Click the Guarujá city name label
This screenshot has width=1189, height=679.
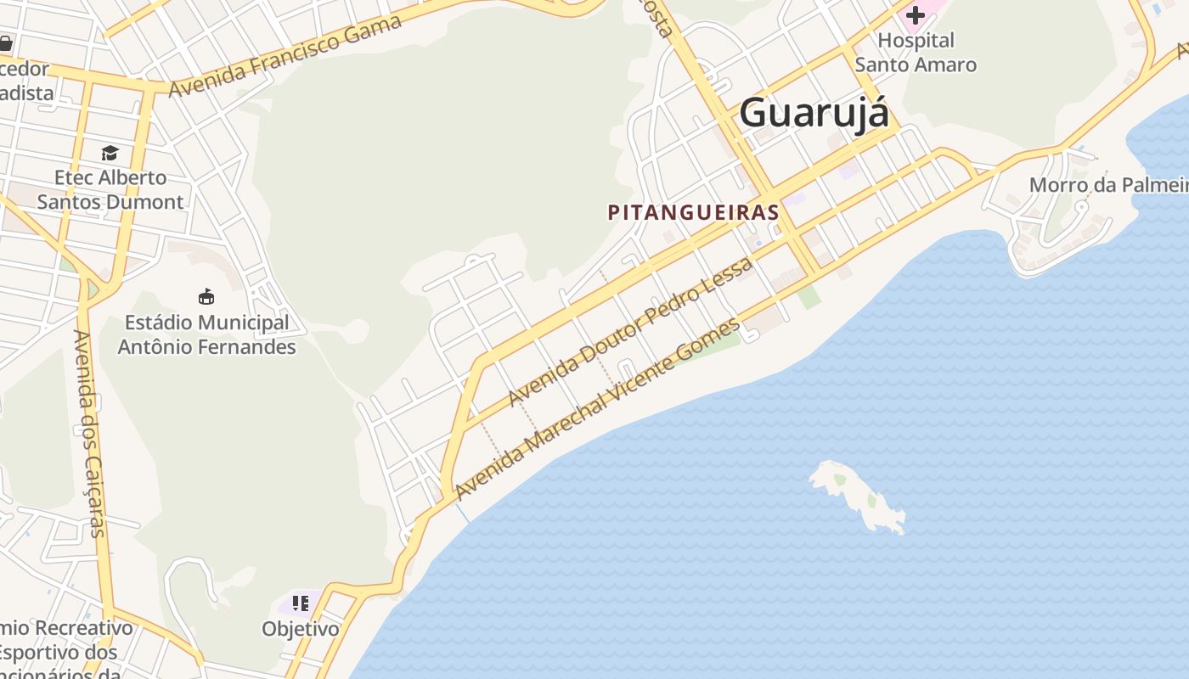click(814, 114)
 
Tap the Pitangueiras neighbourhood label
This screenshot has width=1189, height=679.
click(693, 212)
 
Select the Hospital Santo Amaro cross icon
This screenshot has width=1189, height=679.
click(915, 15)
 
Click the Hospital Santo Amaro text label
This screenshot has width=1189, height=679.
click(916, 53)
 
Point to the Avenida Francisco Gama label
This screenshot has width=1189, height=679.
click(285, 56)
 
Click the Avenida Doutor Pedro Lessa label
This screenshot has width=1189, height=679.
click(630, 332)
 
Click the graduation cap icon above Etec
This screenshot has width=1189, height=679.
click(110, 153)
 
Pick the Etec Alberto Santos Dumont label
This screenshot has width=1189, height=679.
click(110, 190)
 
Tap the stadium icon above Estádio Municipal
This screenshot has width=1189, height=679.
click(206, 296)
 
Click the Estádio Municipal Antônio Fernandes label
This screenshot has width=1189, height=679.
click(206, 335)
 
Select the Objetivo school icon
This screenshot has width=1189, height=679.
click(300, 603)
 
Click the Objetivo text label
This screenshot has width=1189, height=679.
click(300, 629)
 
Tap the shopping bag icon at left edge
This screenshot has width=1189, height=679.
click(5, 42)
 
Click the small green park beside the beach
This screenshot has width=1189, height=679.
click(809, 296)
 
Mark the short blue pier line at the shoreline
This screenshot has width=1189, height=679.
click(462, 512)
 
